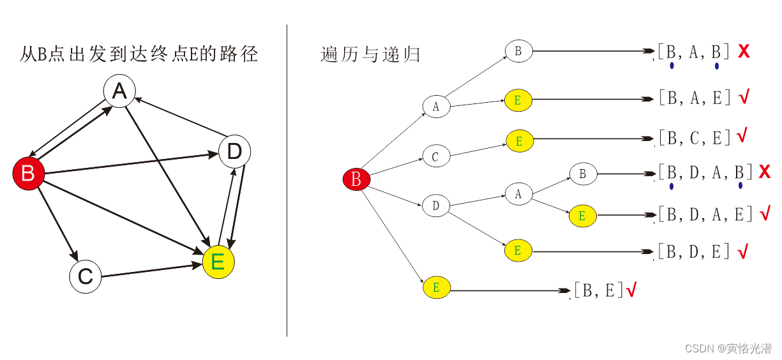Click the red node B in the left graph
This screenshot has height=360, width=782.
tap(28, 173)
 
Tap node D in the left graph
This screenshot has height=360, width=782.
tap(234, 152)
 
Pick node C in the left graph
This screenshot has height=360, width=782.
tap(86, 277)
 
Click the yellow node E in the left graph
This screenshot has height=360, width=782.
tap(218, 262)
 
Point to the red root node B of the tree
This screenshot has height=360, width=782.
tap(356, 180)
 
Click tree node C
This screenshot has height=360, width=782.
tap(436, 156)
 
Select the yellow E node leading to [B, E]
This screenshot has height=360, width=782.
tap(437, 288)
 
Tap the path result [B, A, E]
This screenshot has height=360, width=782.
tap(694, 98)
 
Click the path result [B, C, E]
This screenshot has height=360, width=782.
tap(694, 137)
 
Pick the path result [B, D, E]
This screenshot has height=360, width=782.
tap(694, 251)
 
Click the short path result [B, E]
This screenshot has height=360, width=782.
tap(598, 290)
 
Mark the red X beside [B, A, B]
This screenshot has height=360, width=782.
tap(743, 52)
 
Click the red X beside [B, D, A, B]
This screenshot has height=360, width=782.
tap(765, 172)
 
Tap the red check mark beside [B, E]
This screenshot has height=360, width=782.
tap(631, 291)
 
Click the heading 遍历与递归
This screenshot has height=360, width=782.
tap(370, 54)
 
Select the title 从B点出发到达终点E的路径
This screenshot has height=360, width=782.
tap(139, 54)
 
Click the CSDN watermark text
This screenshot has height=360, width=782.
tap(728, 349)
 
